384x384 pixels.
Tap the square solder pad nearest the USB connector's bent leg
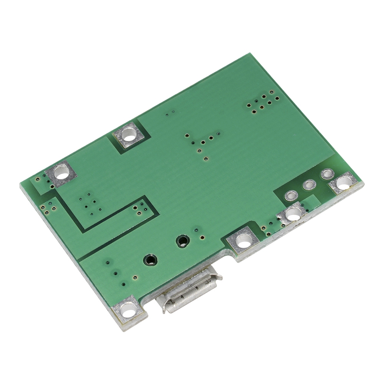[127, 308]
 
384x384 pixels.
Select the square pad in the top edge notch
[130, 135]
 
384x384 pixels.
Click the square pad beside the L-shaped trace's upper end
[61, 174]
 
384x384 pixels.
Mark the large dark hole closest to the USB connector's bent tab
[150, 260]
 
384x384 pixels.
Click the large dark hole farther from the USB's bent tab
[182, 241]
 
